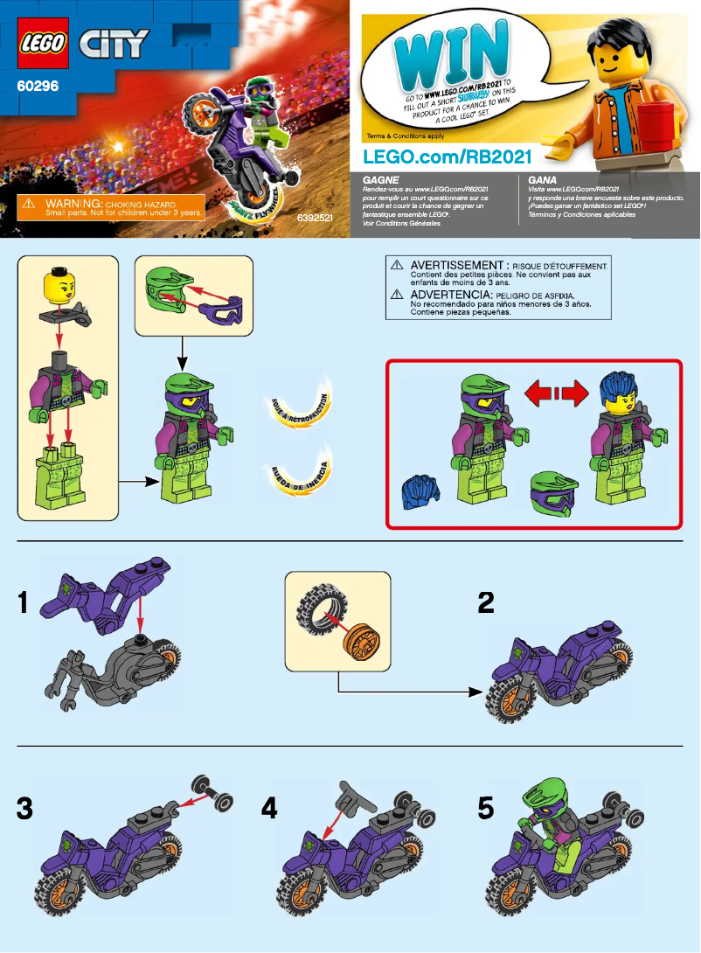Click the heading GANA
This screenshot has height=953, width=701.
point(543,178)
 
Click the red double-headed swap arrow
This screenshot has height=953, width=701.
point(556,395)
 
